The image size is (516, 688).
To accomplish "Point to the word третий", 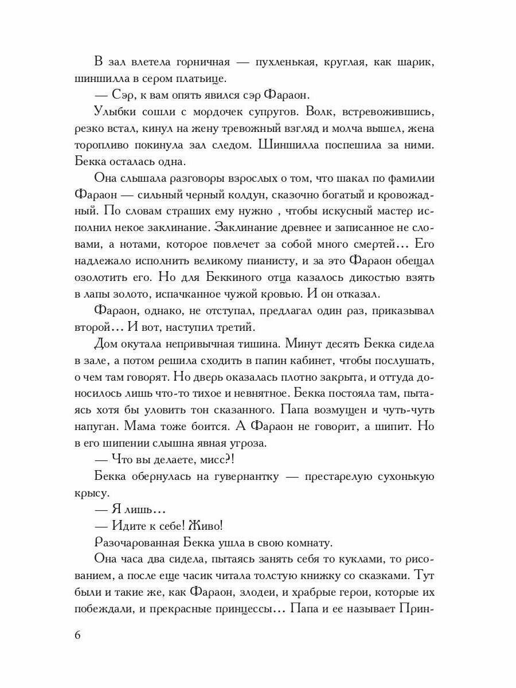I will tap(228, 327).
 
